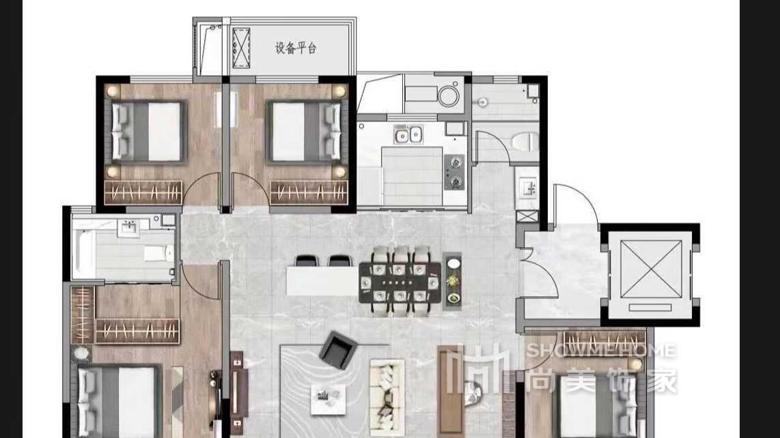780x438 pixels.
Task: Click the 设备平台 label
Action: point(296,48)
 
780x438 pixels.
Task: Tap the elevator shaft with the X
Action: point(651,274)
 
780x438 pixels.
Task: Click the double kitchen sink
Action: point(408,134)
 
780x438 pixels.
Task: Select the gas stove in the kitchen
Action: point(454,172)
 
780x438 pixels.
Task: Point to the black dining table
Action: point(400,283)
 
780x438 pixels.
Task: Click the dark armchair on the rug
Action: point(338,350)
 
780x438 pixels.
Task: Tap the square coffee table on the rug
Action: point(328,399)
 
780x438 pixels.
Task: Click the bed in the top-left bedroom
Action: point(148,132)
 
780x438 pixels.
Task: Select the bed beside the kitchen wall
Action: point(305,132)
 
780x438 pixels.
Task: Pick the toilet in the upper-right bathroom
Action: point(525,142)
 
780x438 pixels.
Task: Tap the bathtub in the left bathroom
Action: point(83,248)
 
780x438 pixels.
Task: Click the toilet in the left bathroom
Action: point(159,253)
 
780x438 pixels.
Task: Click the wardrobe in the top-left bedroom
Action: point(143,192)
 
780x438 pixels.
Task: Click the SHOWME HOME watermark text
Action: point(601,351)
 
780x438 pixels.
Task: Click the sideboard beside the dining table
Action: point(451,281)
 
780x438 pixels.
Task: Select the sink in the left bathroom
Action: point(129,228)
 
